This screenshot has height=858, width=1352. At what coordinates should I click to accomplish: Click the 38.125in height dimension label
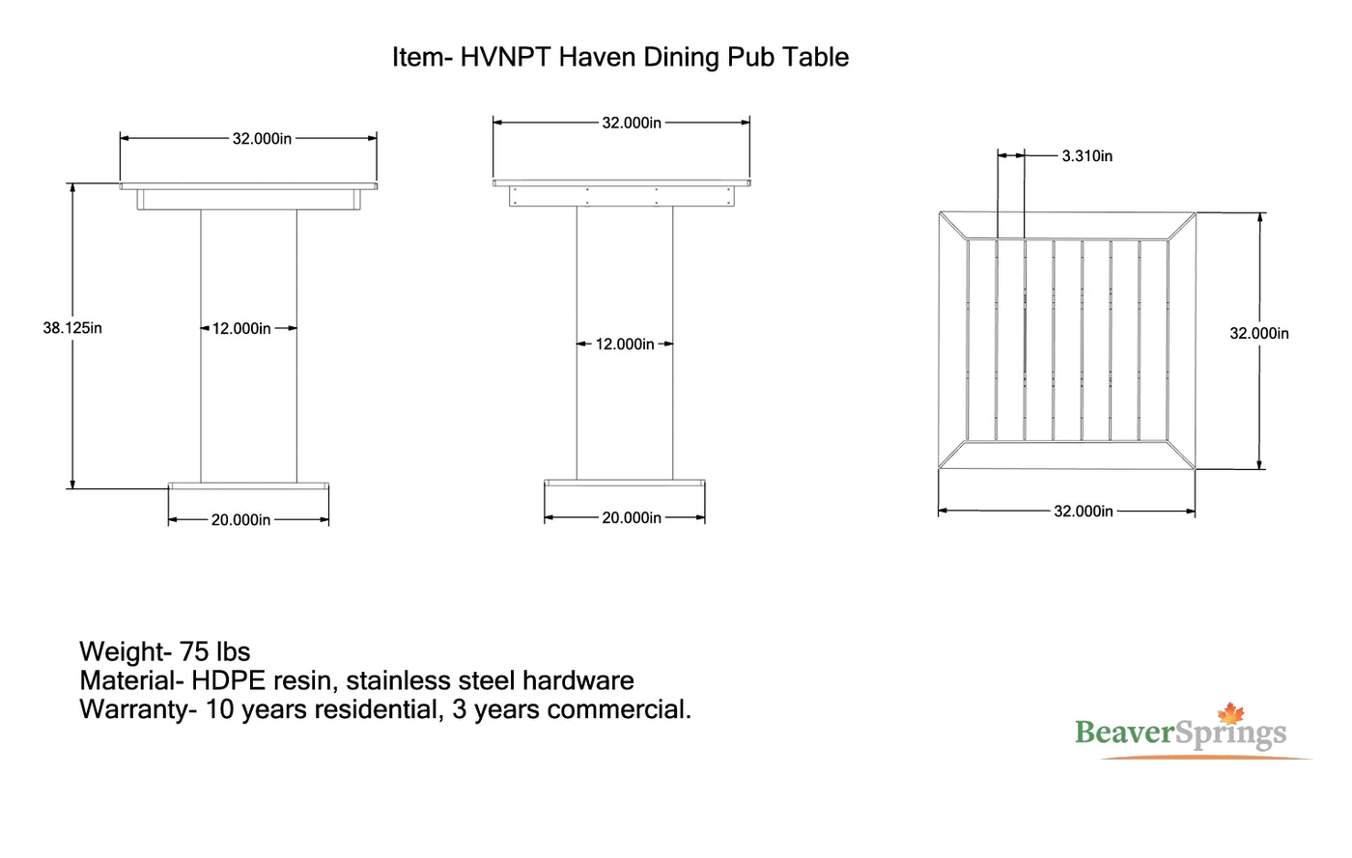(72, 328)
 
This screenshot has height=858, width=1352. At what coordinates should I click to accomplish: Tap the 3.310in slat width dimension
(1087, 156)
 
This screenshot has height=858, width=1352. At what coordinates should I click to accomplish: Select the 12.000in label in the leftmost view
(241, 329)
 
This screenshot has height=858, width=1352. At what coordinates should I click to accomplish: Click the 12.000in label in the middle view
(625, 345)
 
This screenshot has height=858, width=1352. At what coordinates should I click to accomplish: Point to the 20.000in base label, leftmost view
(240, 520)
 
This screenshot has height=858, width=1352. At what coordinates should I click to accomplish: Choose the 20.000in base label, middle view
(632, 518)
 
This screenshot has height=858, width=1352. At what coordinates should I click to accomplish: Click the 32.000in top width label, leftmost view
(262, 139)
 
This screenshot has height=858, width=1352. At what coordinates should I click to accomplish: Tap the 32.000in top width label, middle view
(632, 124)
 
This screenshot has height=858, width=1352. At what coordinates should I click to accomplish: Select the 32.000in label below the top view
(1084, 512)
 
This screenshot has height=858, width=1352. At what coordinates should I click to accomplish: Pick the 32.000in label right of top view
(1259, 334)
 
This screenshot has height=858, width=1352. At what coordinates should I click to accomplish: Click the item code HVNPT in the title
(506, 57)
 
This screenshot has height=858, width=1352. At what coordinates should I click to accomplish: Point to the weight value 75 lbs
(214, 651)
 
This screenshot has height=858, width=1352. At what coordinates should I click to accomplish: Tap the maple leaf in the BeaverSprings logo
(1231, 713)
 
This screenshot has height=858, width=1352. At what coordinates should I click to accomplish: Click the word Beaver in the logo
(1125, 733)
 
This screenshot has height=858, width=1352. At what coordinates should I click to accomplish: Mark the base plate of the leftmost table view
(249, 485)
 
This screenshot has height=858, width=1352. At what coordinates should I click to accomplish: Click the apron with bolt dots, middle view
(622, 196)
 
